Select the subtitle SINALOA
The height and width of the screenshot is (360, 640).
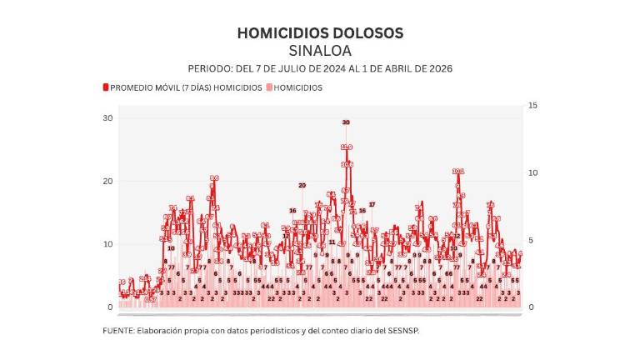click(x=320, y=51)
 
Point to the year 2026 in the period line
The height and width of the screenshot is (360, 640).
click(x=437, y=68)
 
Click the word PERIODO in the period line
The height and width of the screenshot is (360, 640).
click(x=208, y=68)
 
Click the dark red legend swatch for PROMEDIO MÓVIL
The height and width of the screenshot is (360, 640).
click(x=106, y=87)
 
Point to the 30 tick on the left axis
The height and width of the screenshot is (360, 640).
click(x=107, y=118)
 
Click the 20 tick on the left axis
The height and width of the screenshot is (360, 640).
click(x=107, y=182)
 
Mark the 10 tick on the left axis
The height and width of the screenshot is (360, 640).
click(x=107, y=244)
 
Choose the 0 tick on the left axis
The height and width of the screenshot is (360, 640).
click(x=109, y=307)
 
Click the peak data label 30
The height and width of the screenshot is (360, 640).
click(x=346, y=122)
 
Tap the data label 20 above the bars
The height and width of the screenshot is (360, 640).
click(x=302, y=185)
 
